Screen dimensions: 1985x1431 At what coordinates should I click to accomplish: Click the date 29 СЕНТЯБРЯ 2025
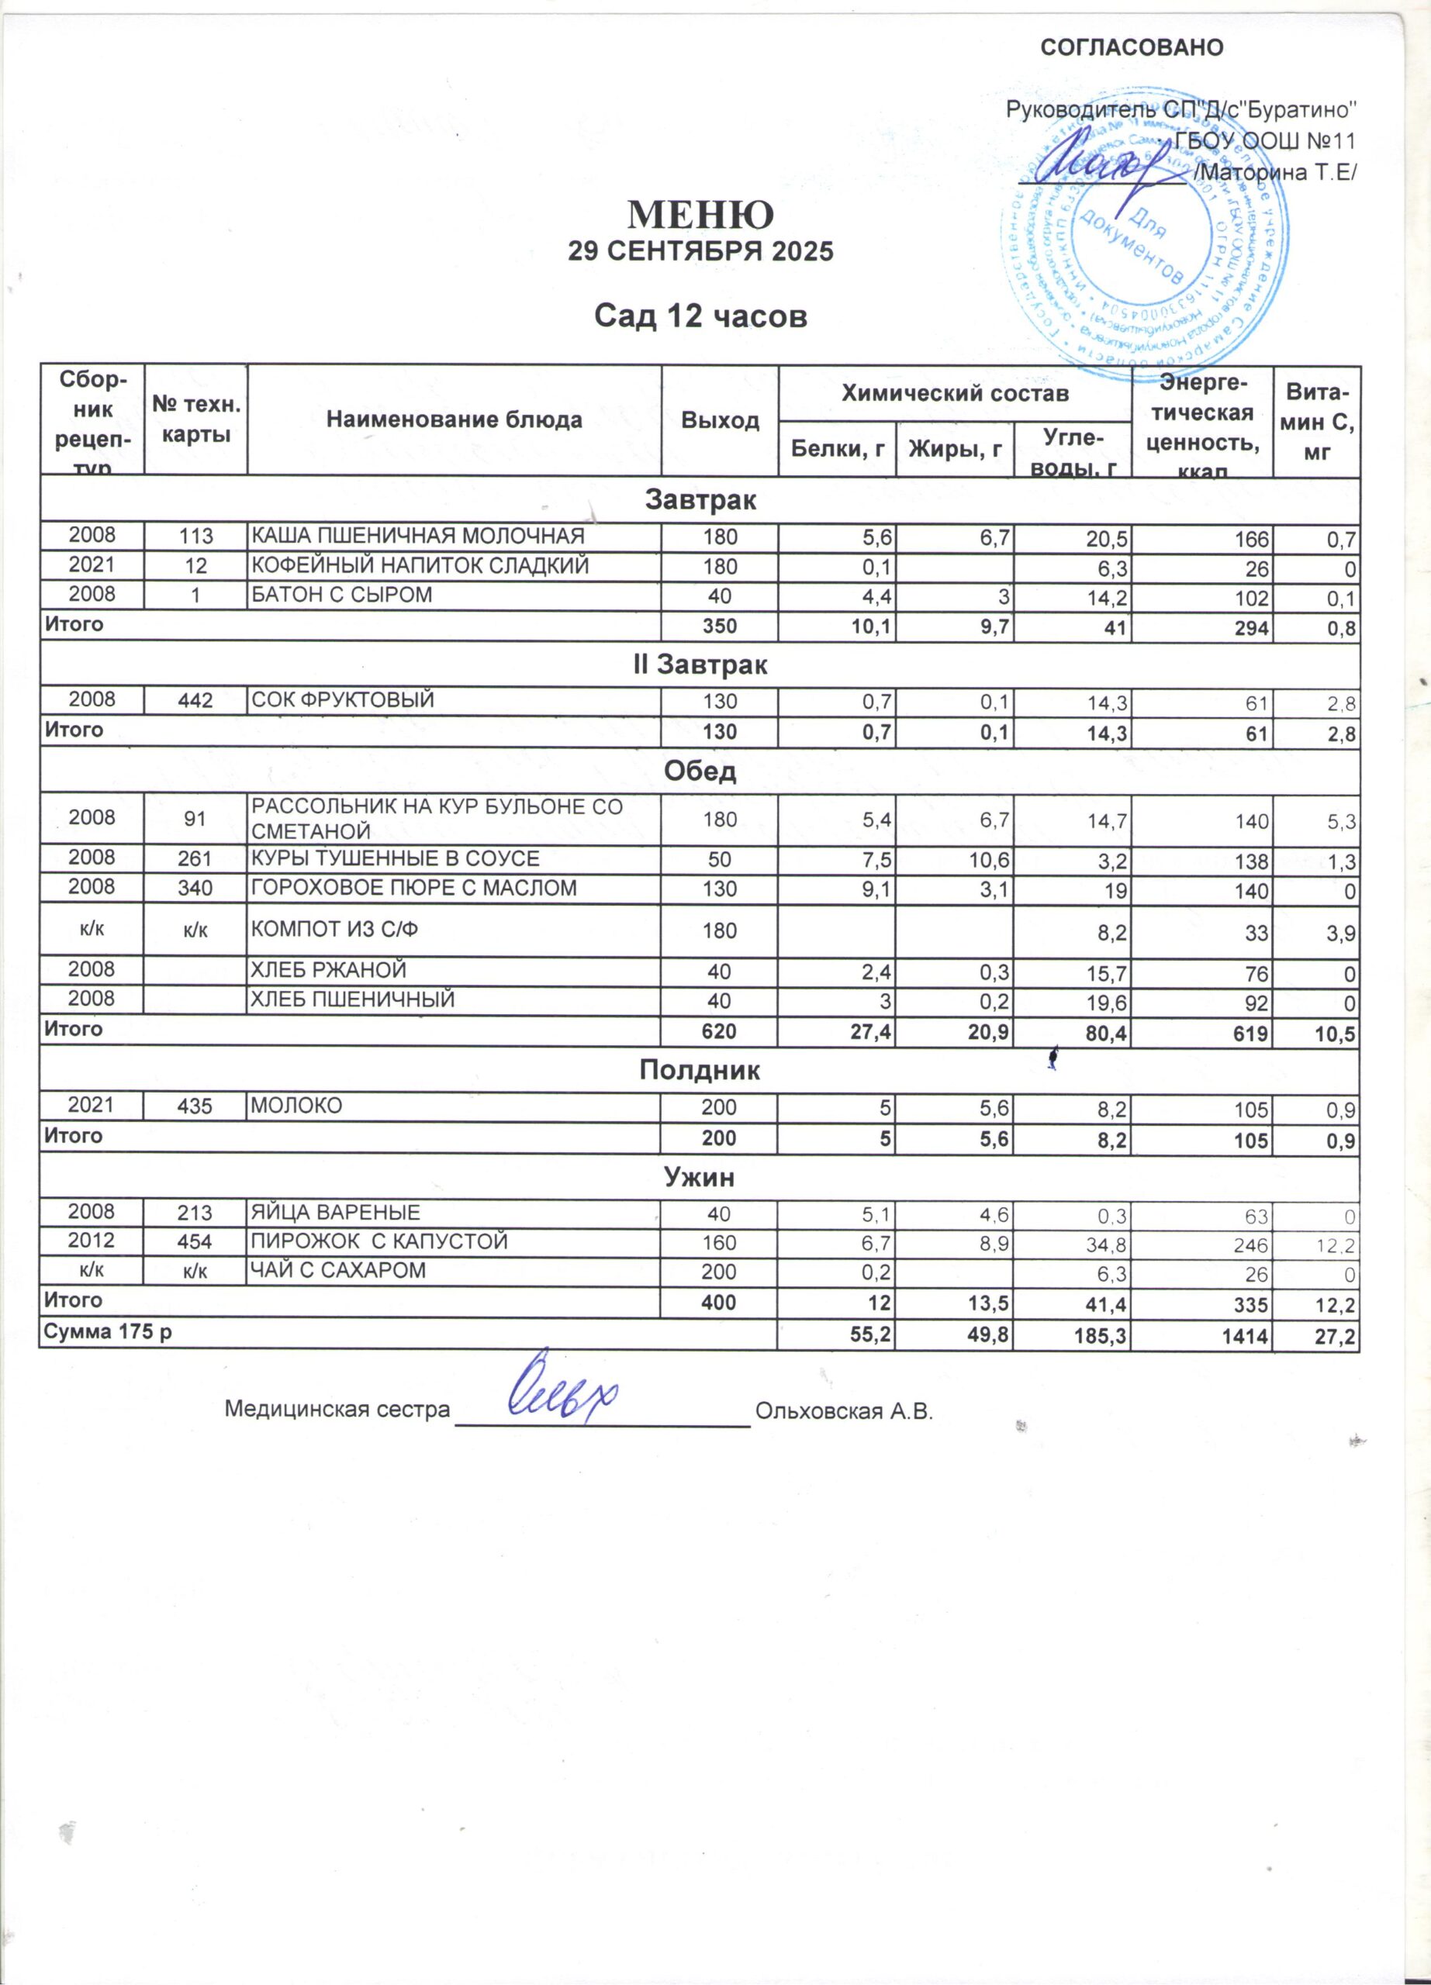[x=700, y=252]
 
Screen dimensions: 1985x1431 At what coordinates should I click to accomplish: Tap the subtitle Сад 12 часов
[x=700, y=316]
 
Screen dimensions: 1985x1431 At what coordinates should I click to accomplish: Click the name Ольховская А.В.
[x=845, y=1412]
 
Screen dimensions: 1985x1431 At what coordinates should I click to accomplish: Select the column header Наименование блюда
[x=454, y=420]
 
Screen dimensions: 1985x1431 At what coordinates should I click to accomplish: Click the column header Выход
[x=720, y=420]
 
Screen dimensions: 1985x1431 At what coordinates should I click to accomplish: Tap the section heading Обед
[x=700, y=771]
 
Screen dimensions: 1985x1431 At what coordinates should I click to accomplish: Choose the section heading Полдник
[x=700, y=1069]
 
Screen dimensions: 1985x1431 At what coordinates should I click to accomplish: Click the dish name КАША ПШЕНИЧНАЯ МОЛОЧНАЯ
[x=417, y=536]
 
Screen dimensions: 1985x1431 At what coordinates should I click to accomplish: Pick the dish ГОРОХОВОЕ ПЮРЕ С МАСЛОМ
[x=414, y=889]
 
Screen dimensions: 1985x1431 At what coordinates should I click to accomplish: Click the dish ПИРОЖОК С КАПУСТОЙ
[x=379, y=1241]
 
